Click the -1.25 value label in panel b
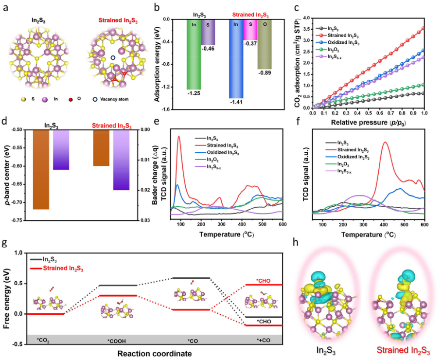194,93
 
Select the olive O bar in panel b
265,44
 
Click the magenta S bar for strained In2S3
250,29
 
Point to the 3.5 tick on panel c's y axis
305,29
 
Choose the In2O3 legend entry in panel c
340,49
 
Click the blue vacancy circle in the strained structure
113,57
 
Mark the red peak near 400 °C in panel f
386,143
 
